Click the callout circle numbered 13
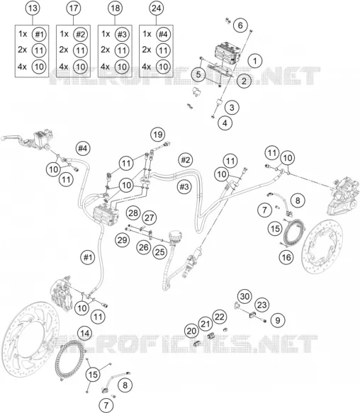pyautogui.click(x=33, y=9)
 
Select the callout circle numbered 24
pyautogui.click(x=157, y=9)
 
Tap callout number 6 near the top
pyautogui.click(x=240, y=26)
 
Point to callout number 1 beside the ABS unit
pyautogui.click(x=255, y=61)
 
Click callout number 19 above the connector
pyautogui.click(x=157, y=135)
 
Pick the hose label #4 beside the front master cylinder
pyautogui.click(x=82, y=148)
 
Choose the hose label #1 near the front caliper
pyautogui.click(x=87, y=257)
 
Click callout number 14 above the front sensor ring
pyautogui.click(x=85, y=334)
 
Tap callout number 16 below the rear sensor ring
pyautogui.click(x=286, y=257)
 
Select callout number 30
pyautogui.click(x=244, y=296)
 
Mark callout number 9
pyautogui.click(x=278, y=320)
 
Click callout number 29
pyautogui.click(x=123, y=240)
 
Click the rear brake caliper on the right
pyautogui.click(x=343, y=196)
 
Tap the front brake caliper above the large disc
pyautogui.click(x=62, y=292)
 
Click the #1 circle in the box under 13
pyautogui.click(x=39, y=34)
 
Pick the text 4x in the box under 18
pyautogui.click(x=106, y=67)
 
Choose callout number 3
pyautogui.click(x=232, y=107)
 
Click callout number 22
pyautogui.click(x=219, y=317)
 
